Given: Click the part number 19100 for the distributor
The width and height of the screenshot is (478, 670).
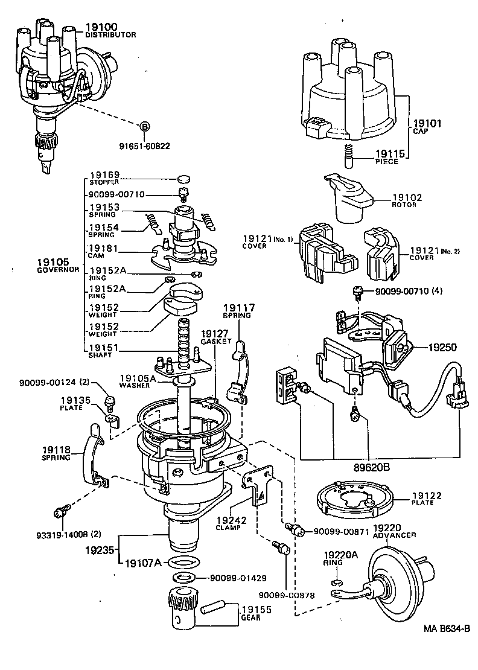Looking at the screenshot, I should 101,27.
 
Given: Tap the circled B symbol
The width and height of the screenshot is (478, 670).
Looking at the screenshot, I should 144,126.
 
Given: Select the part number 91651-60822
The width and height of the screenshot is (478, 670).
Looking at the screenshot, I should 144,145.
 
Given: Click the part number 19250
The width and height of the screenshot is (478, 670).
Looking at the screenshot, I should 444,348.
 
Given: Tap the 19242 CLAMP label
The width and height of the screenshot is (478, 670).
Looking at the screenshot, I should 229,522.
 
